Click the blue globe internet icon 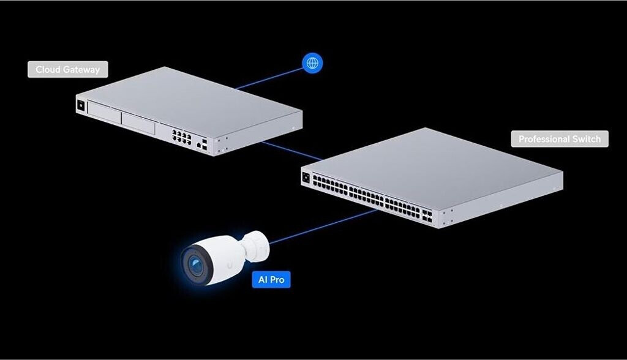pos(312,62)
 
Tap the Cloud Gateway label pos(67,69)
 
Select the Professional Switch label pos(560,139)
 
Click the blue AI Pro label pos(271,280)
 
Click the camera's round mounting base pos(256,244)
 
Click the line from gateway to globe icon pos(269,78)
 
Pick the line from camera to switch pos(325,227)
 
